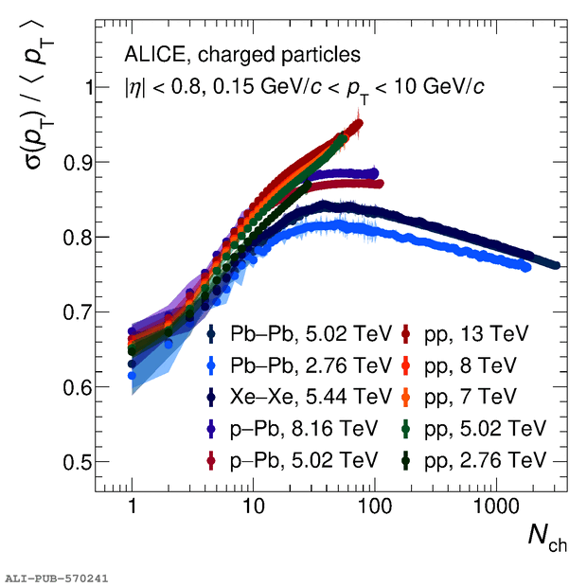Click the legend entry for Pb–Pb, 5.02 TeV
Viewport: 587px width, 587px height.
(299, 333)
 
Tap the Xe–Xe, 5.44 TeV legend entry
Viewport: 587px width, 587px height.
(299, 397)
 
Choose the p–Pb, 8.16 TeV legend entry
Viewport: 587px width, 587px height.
(292, 428)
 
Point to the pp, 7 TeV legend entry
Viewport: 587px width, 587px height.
(458, 397)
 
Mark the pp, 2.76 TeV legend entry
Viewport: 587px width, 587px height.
(473, 460)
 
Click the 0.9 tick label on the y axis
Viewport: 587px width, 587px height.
(77, 163)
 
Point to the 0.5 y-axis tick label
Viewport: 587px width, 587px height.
(77, 463)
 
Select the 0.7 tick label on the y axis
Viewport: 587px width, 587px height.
(77, 313)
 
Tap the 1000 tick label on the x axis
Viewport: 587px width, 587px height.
(496, 507)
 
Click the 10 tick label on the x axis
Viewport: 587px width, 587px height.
(254, 507)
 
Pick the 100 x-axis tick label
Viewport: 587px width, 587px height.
(375, 507)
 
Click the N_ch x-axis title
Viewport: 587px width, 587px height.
(547, 539)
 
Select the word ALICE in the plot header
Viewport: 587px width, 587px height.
(154, 55)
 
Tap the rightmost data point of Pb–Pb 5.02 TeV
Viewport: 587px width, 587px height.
(556, 265)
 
